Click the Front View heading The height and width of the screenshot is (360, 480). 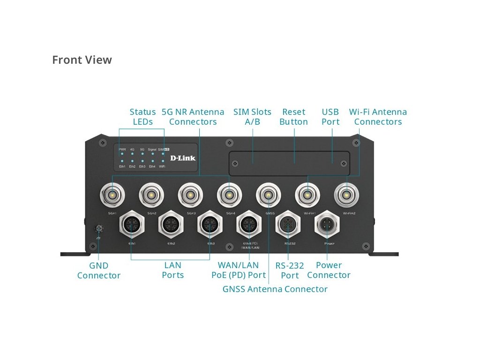82,60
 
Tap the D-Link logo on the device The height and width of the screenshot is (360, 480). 183,158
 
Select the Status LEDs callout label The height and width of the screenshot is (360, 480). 142,117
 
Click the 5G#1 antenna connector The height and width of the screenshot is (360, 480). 112,195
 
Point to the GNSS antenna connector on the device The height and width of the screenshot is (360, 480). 268,195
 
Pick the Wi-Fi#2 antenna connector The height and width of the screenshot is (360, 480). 346,195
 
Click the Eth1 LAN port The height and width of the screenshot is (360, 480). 132,225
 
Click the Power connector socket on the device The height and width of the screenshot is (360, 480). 327,225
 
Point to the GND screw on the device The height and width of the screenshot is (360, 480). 98,229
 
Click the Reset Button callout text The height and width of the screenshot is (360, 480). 293,117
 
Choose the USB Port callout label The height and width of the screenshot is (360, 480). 330,117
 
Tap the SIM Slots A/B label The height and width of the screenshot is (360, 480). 252,117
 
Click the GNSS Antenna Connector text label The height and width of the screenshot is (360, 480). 275,289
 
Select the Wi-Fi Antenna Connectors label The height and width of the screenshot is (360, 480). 378,117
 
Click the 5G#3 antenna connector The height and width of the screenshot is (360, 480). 190,195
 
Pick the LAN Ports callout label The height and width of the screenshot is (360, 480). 172,270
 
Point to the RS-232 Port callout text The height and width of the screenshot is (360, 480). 290,270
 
